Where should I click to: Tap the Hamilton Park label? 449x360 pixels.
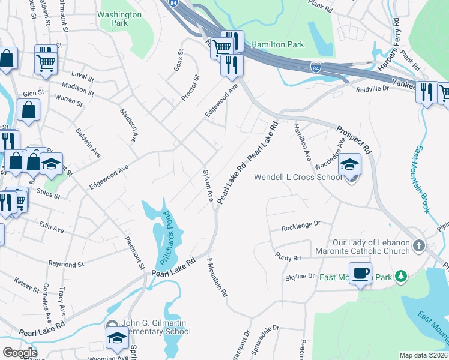[277, 44]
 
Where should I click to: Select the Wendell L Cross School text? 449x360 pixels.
[298, 178]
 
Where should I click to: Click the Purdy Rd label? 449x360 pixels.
[288, 258]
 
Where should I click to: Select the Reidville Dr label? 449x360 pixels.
[373, 88]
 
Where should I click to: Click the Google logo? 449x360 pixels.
[19, 352]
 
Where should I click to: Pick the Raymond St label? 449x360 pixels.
[66, 264]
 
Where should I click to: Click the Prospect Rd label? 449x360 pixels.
[355, 139]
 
